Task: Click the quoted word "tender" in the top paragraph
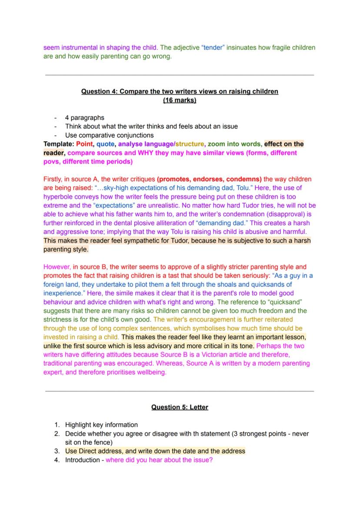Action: coord(213,47)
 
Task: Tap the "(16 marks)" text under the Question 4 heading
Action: coord(180,100)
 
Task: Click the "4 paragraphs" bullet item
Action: coord(84,117)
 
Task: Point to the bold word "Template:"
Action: coord(59,144)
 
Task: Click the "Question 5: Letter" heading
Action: coord(180,407)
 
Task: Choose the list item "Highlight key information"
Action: coord(101,425)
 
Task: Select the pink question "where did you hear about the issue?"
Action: coord(159,460)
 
